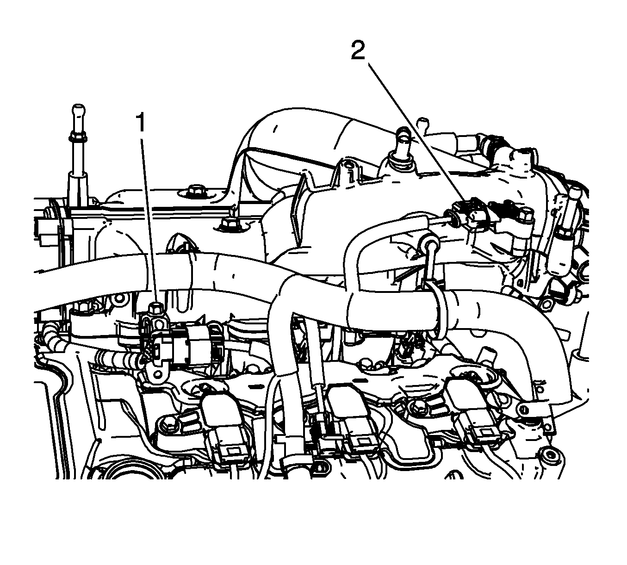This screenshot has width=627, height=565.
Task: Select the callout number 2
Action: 358,50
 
